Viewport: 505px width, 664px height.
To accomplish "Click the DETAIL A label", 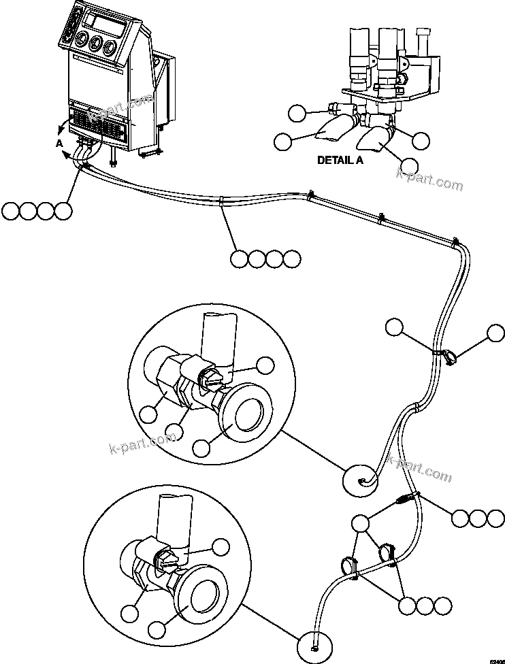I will (340, 161).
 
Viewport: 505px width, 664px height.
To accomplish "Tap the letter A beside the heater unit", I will (59, 144).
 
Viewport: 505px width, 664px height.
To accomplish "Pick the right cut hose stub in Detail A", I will (371, 140).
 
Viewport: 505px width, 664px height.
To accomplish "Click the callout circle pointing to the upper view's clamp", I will (265, 365).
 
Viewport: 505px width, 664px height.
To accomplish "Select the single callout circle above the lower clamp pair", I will (361, 523).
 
